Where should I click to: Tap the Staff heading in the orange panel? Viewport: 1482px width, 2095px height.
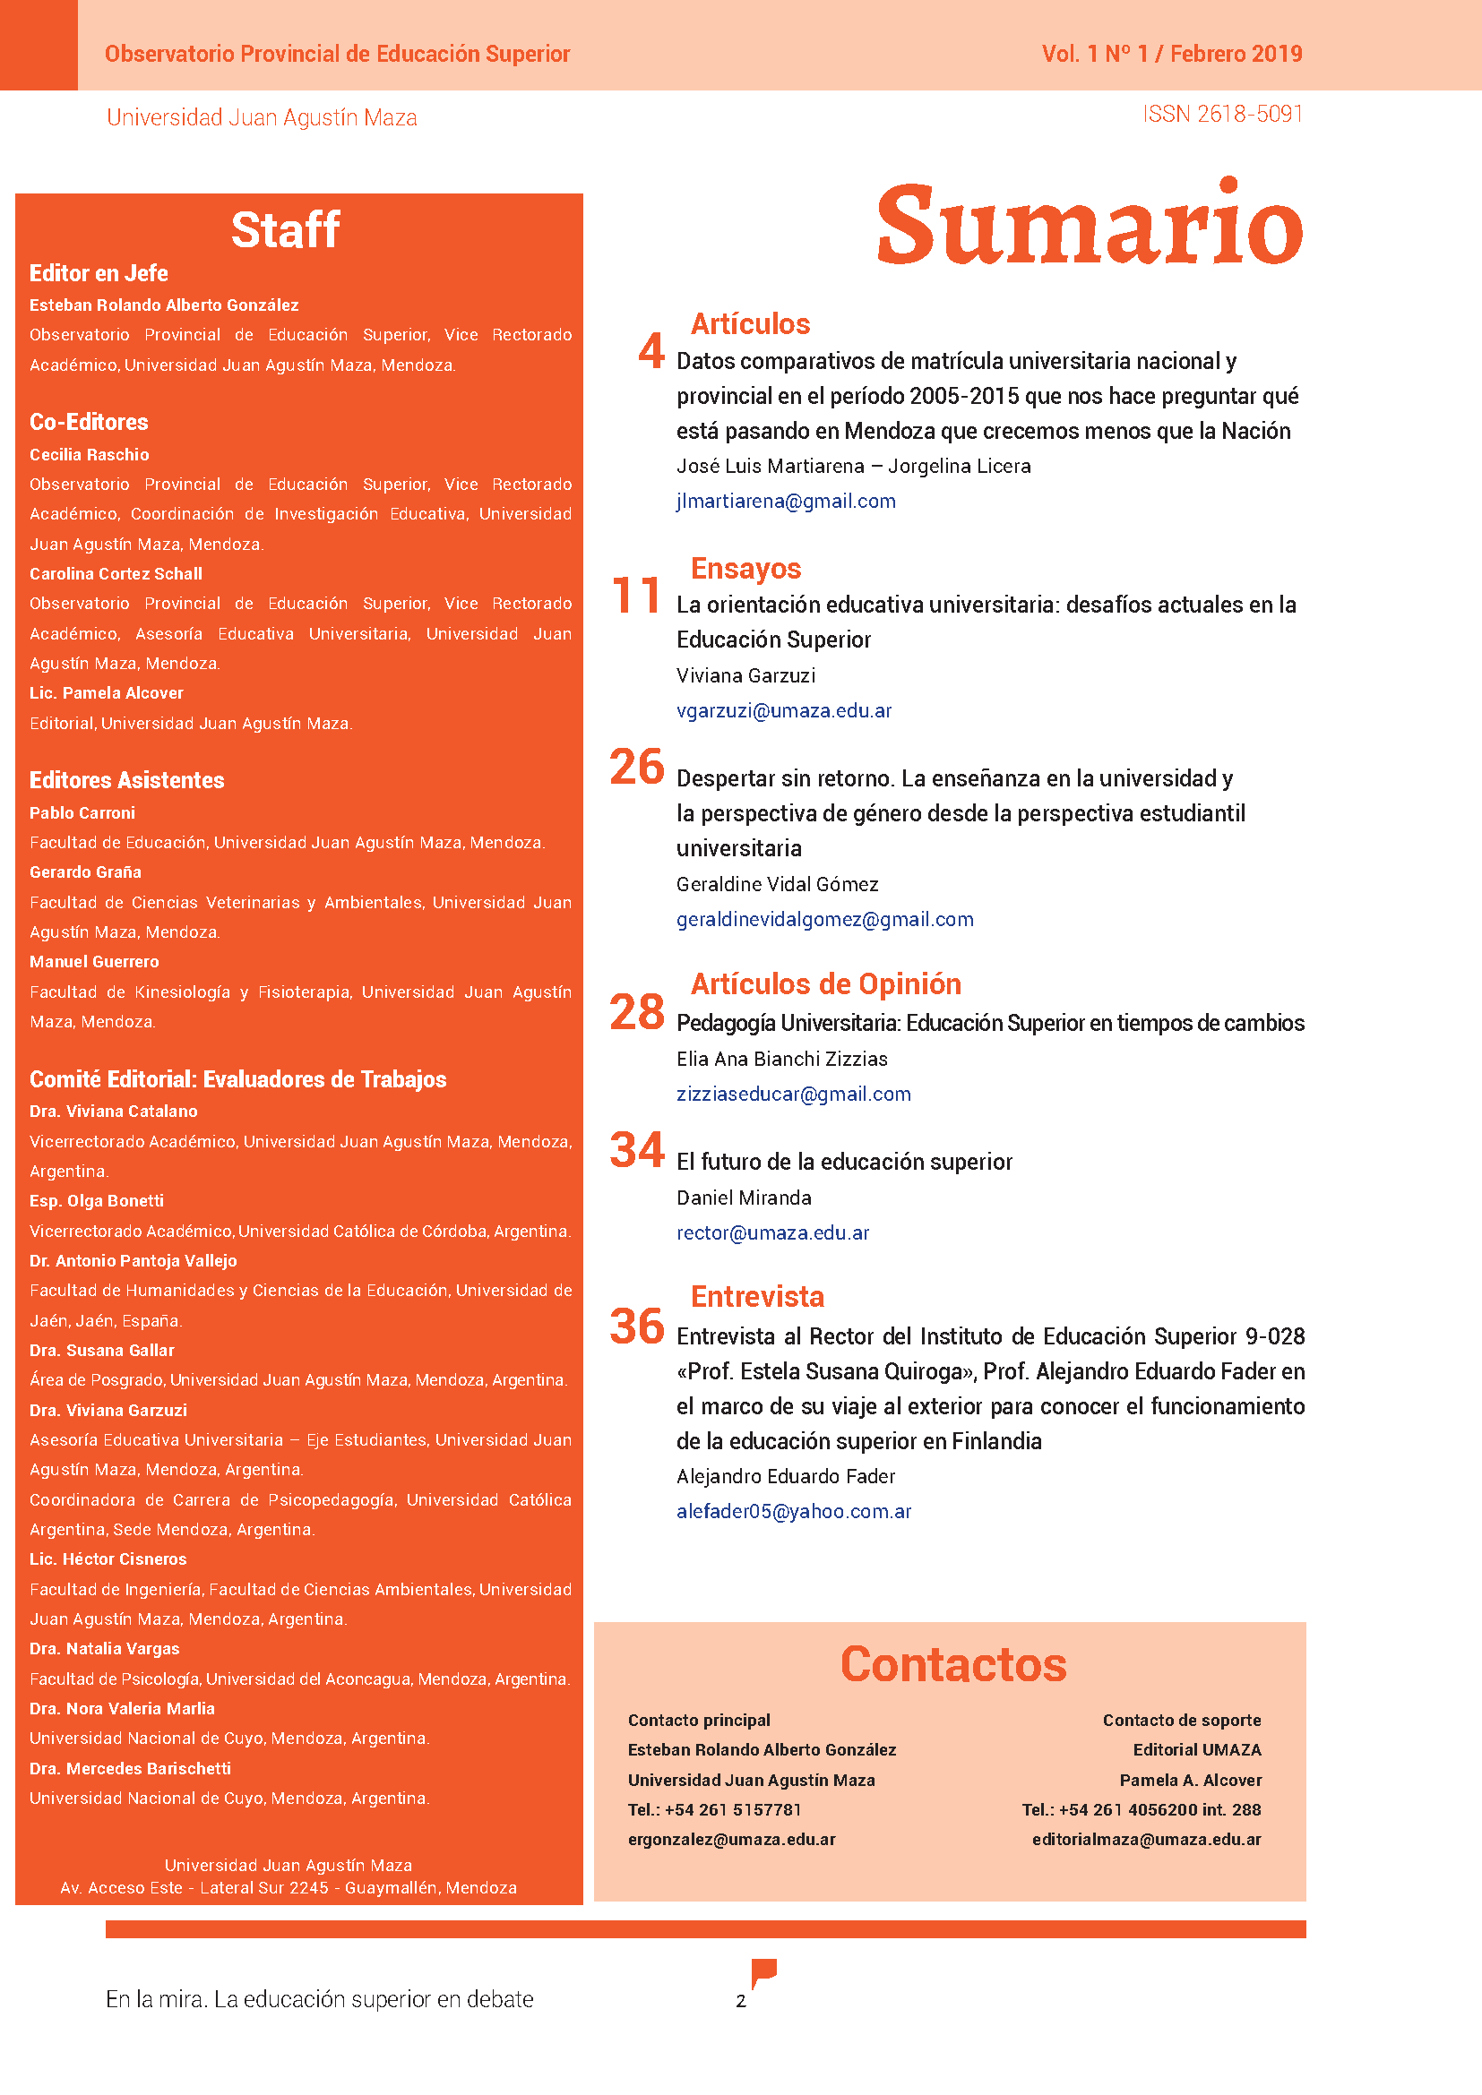(286, 230)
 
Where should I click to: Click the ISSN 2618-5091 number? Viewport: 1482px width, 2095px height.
(1222, 114)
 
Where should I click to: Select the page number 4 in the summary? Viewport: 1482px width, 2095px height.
(651, 351)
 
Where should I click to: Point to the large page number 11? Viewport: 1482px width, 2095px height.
(636, 596)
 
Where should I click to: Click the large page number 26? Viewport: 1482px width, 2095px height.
(637, 767)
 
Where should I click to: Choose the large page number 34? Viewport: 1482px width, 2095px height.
(637, 1150)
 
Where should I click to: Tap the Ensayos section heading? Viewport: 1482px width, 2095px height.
(745, 569)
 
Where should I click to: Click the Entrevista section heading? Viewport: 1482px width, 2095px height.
(757, 1297)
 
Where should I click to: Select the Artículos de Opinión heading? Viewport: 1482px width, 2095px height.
(826, 983)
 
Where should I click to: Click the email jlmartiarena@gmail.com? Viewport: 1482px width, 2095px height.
(786, 501)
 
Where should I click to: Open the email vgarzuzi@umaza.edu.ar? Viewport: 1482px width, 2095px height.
(784, 711)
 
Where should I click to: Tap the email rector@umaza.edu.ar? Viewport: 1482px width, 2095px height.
(773, 1232)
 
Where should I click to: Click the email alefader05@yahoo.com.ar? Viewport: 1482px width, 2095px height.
(794, 1511)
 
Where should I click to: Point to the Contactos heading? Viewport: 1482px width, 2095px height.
(952, 1664)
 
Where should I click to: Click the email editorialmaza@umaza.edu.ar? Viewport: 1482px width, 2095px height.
(1146, 1840)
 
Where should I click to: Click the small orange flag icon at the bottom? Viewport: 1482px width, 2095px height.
(763, 1971)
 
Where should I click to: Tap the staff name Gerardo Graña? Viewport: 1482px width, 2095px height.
(85, 872)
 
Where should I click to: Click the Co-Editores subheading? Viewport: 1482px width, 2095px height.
(89, 423)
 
